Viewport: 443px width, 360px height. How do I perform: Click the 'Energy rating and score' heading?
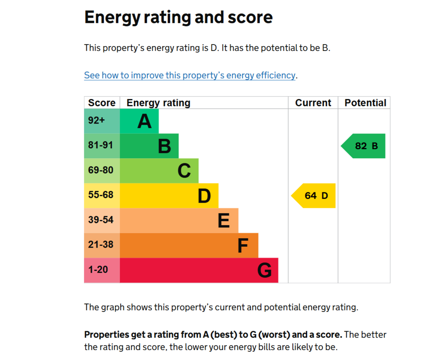coord(178,17)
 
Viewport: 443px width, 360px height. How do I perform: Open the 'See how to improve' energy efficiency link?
coord(190,75)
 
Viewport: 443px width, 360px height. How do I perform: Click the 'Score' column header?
coord(102,103)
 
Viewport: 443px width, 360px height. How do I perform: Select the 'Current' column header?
coord(313,103)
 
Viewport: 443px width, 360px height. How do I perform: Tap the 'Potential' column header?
coord(365,103)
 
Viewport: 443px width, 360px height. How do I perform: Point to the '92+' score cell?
coord(102,121)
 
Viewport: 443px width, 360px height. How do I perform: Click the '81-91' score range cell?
coord(102,146)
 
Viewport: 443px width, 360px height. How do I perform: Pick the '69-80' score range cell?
coord(102,171)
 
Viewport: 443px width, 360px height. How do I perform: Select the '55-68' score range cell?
coord(102,195)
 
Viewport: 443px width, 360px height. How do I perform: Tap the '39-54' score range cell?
coord(102,220)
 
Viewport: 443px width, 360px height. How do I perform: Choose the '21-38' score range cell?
coord(102,245)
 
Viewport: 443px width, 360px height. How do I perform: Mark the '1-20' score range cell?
coord(102,270)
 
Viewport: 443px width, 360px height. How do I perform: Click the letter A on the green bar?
coord(144,121)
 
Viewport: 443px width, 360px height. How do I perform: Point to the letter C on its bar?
coord(184,171)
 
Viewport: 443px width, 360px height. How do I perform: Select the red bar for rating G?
coord(199,270)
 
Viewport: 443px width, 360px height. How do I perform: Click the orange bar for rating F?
coord(189,245)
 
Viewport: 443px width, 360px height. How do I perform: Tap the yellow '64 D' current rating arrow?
coord(313,195)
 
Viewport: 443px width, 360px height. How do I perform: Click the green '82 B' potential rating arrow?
coord(363,146)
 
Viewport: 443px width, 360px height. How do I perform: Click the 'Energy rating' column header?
coord(158,103)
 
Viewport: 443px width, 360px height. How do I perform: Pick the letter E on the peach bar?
coord(224,220)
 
